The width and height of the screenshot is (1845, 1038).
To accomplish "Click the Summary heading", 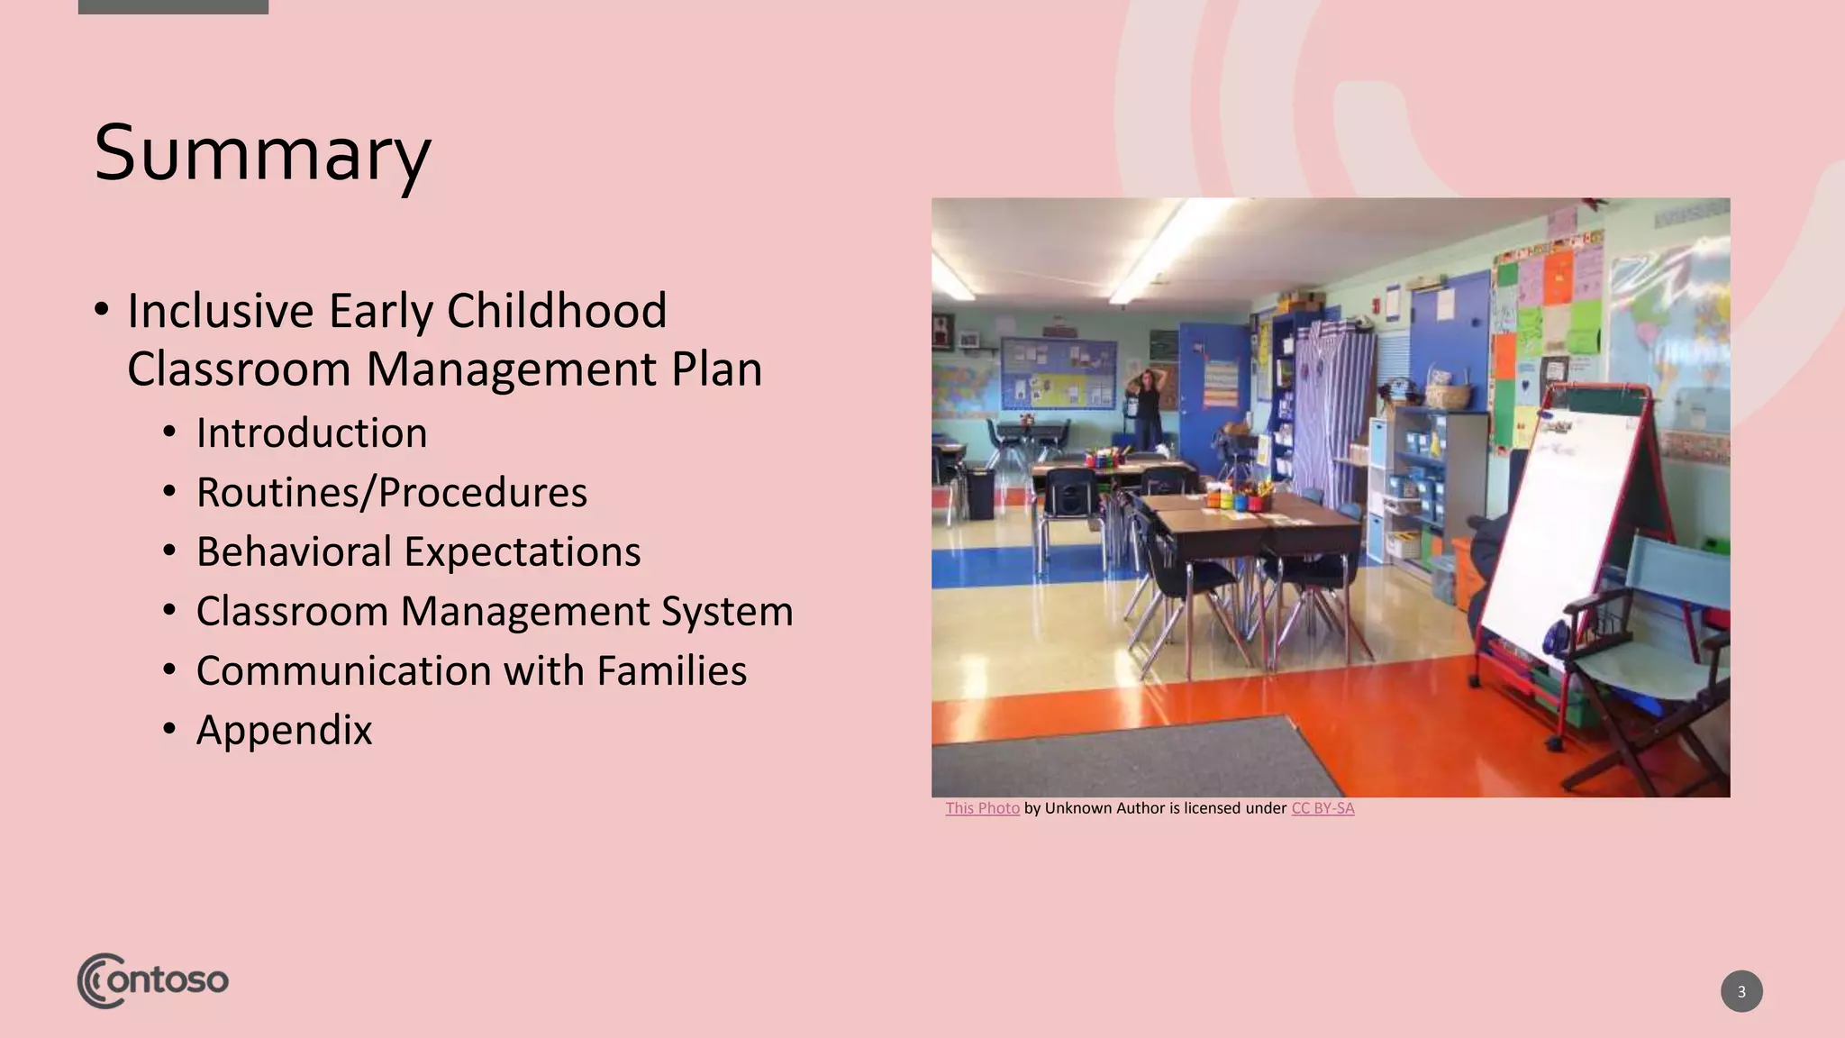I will [262, 153].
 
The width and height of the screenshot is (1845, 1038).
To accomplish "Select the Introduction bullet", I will [312, 433].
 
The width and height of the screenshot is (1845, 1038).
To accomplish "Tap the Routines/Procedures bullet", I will [391, 493].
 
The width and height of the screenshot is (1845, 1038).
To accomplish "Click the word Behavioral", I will [294, 552].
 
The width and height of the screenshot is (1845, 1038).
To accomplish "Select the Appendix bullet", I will [284, 731].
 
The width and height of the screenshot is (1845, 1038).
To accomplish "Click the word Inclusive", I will [221, 312].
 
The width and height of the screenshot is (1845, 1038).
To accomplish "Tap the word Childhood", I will [556, 312].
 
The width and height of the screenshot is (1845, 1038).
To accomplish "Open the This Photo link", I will [982, 808].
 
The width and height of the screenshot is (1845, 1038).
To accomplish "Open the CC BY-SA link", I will [1322, 808].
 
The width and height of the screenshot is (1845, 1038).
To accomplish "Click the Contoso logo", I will [153, 980].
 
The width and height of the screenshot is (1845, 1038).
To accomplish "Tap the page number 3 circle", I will [1741, 991].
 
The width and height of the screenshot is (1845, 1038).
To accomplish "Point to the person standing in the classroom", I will [1149, 405].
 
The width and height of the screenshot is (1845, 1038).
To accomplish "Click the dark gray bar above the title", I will [173, 6].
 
